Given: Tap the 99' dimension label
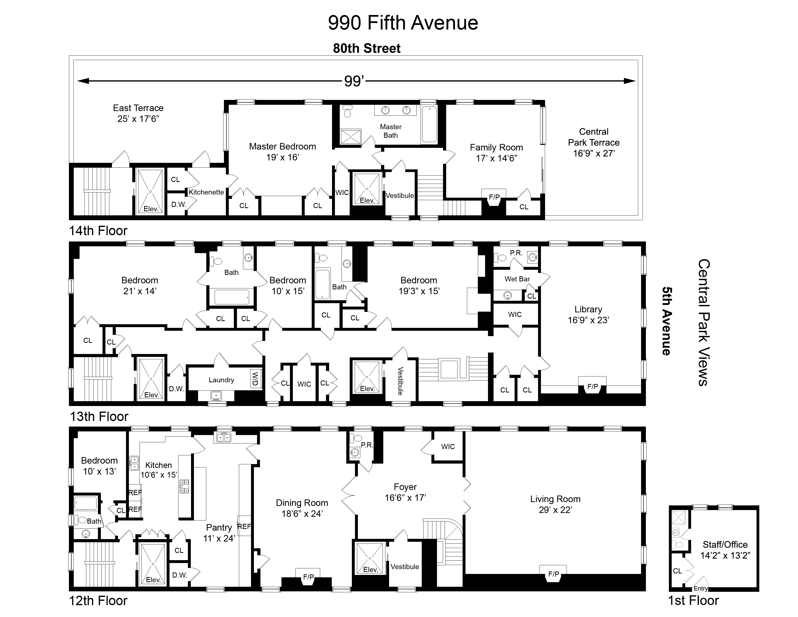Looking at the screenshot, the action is point(354,81).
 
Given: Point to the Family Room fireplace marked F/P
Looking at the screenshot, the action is point(494,197).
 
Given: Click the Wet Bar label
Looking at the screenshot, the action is point(517,279).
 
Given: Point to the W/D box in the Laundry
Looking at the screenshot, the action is point(255,379).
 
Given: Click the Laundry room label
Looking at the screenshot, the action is point(221,380).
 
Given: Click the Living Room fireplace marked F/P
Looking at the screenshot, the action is point(554,574).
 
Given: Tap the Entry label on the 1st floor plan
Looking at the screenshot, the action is point(701,588).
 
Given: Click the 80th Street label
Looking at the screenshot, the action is point(367,48).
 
